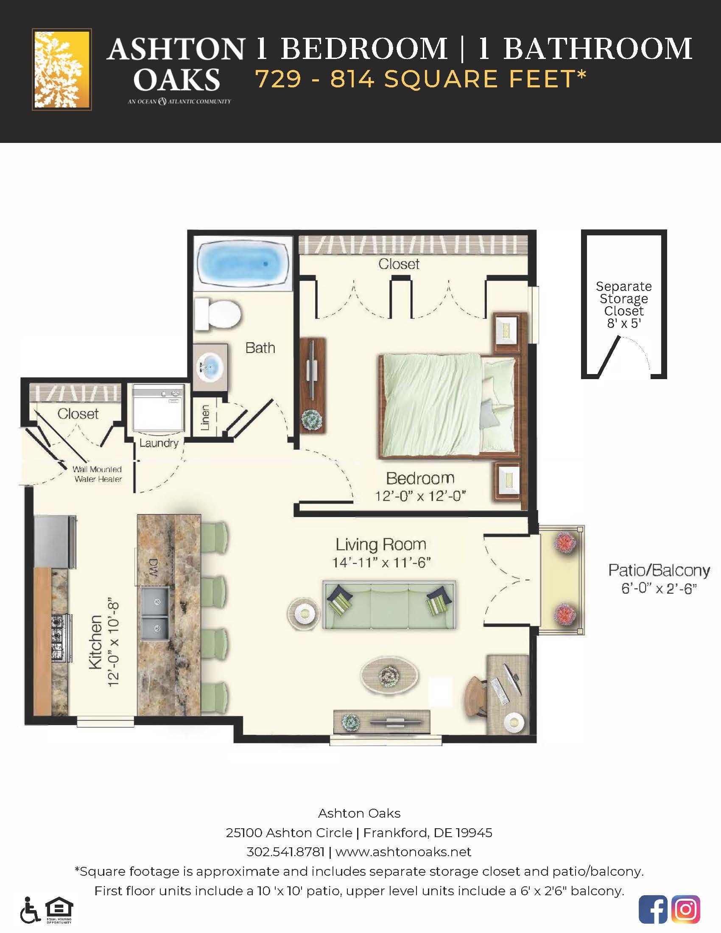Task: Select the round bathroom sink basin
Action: [210, 366]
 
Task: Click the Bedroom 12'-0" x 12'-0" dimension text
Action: [420, 496]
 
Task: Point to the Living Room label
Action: [380, 544]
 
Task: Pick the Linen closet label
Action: [205, 417]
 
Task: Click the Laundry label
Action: [159, 443]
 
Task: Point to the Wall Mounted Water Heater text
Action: [98, 474]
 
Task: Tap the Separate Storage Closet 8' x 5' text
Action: [623, 304]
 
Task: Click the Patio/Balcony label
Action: [659, 571]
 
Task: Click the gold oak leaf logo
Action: [62, 70]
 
